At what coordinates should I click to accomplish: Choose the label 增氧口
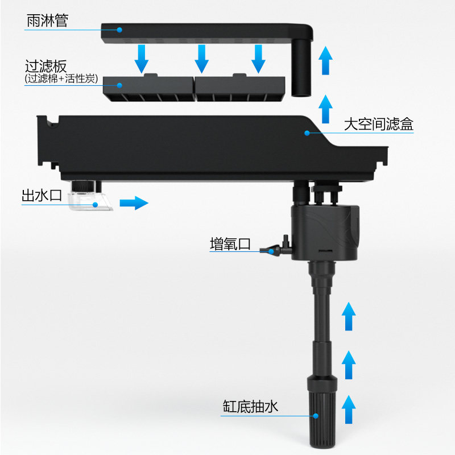[230, 245]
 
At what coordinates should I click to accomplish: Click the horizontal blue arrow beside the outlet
[134, 202]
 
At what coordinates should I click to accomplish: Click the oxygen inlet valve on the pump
[276, 249]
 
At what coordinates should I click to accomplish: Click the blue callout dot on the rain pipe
[120, 29]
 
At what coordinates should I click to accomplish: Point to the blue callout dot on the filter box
[307, 133]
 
